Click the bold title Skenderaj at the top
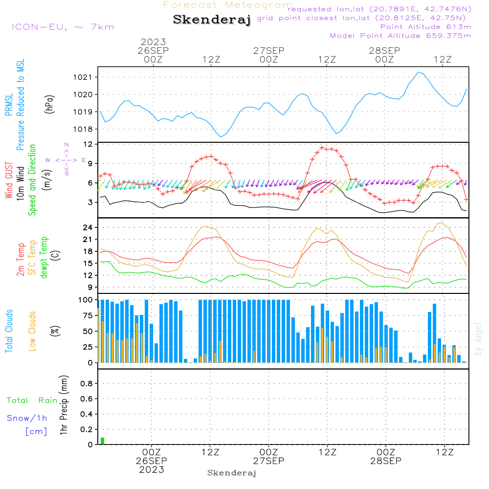point(212,20)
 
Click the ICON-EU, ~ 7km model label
point(63,27)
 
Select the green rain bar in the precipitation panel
point(102,441)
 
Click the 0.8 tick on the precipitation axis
point(87,383)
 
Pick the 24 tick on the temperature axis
point(88,227)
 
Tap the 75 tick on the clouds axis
point(88,315)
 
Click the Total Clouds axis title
point(9,331)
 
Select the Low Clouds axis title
point(32,331)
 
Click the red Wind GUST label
point(9,180)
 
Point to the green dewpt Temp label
point(44,257)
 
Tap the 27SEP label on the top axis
point(269,50)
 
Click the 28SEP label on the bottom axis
point(386,461)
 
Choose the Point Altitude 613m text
point(426,27)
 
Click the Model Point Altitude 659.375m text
point(400,36)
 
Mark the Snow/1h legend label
point(27,418)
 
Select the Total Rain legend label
point(32,400)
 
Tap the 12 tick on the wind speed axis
point(88,144)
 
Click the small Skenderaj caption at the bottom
point(232,473)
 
